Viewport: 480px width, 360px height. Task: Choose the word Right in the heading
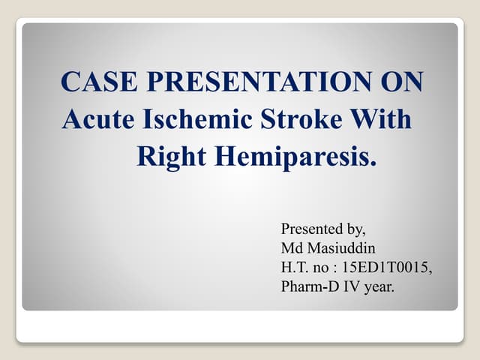point(170,157)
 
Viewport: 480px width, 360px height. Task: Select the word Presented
point(310,229)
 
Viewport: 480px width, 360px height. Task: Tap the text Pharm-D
point(307,287)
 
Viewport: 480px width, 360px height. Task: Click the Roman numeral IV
point(349,287)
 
